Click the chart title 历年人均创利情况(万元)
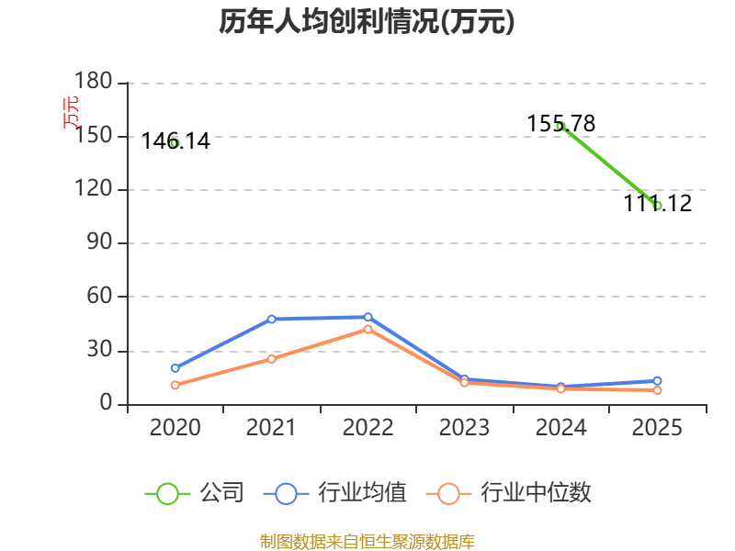click(x=367, y=21)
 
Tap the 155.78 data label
click(x=561, y=124)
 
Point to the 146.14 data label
click(x=175, y=141)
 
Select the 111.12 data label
click(x=657, y=203)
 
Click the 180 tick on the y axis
click(x=94, y=81)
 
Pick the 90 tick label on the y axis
click(x=99, y=242)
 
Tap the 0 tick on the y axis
click(x=106, y=402)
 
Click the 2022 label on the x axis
click(x=368, y=427)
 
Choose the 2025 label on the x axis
click(x=657, y=427)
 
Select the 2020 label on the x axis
click(x=175, y=427)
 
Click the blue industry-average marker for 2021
click(x=271, y=319)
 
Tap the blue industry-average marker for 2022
click(x=368, y=317)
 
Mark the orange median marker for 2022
click(x=368, y=330)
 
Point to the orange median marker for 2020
click(x=175, y=385)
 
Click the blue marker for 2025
click(x=657, y=381)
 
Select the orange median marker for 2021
click(x=271, y=359)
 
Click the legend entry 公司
click(x=194, y=493)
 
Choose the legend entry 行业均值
click(x=334, y=493)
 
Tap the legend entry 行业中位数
click(x=509, y=493)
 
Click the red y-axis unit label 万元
click(x=71, y=112)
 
